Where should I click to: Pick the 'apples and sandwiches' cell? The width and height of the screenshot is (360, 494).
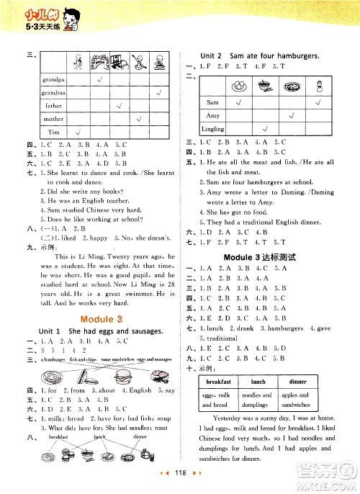tap(294, 400)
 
